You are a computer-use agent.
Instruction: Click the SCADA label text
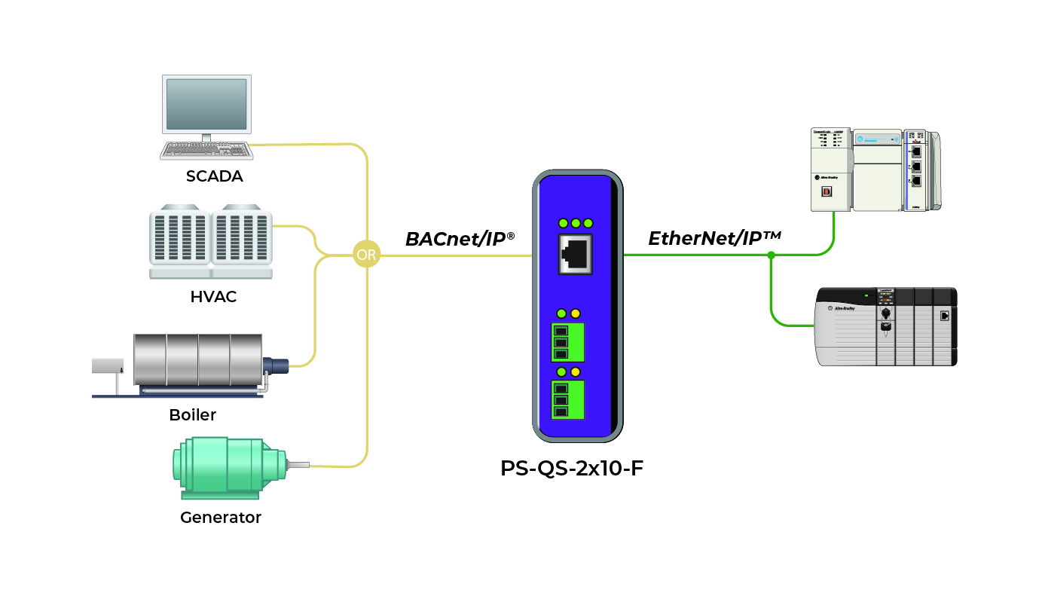click(x=215, y=177)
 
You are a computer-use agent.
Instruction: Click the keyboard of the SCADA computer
click(x=206, y=150)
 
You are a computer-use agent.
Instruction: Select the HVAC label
click(x=213, y=297)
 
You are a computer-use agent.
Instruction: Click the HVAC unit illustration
click(x=210, y=236)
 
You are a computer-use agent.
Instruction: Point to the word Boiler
click(x=193, y=415)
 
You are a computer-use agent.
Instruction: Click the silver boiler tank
click(x=197, y=359)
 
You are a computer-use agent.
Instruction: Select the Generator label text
click(x=221, y=518)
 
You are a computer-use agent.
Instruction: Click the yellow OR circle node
click(x=367, y=255)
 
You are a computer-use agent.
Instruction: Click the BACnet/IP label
click(x=460, y=239)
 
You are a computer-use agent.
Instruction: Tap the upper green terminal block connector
click(x=568, y=342)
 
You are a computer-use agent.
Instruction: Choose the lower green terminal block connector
click(x=568, y=399)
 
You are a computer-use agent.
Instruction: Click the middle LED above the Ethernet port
click(x=576, y=223)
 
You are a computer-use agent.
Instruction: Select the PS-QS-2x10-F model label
click(x=572, y=468)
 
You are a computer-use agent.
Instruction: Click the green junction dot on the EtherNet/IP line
click(x=771, y=255)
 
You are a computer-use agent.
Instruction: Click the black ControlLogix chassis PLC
click(x=887, y=326)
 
